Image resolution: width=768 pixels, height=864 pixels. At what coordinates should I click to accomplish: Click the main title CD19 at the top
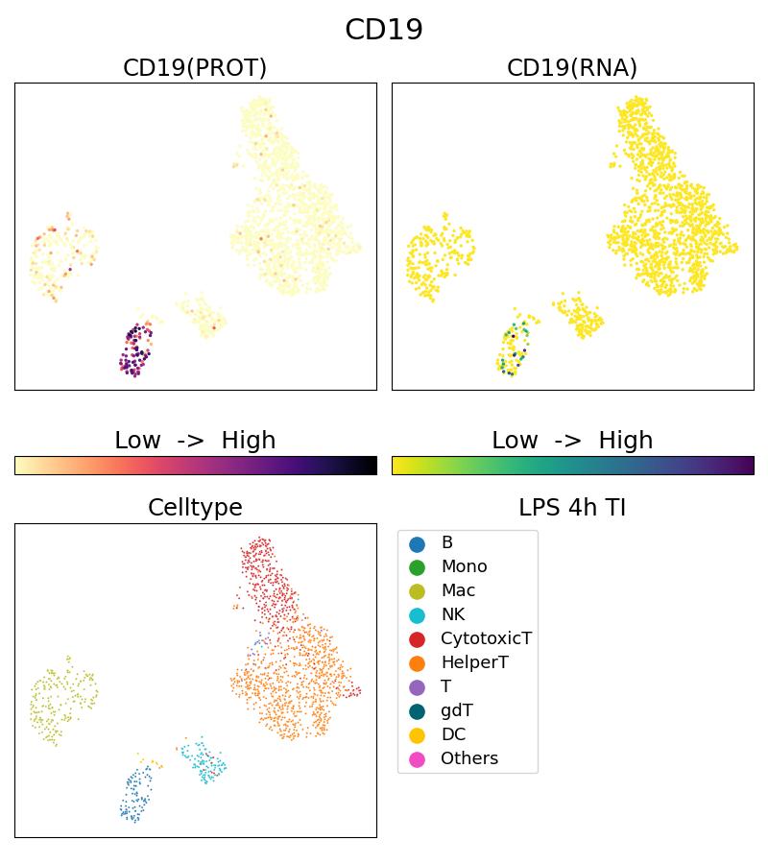[x=384, y=30]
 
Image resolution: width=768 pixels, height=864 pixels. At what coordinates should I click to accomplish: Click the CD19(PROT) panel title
[x=195, y=68]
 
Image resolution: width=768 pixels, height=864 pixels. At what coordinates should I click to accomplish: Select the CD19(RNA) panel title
[x=572, y=68]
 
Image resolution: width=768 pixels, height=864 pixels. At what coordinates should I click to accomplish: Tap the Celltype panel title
[x=195, y=508]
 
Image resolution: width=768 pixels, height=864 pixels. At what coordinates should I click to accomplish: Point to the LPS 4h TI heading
[x=572, y=508]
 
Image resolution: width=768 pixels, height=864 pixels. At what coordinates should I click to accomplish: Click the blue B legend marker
[x=417, y=543]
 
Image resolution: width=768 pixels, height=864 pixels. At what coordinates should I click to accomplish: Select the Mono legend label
[x=464, y=566]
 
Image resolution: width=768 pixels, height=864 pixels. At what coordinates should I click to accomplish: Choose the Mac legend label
[x=458, y=590]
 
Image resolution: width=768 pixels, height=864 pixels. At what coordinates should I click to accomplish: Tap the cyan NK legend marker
[x=417, y=614]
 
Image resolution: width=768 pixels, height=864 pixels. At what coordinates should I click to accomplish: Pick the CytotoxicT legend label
[x=486, y=638]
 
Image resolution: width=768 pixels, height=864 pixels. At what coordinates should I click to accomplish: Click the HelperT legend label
[x=474, y=662]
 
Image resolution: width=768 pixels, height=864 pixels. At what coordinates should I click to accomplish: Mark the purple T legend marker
[x=417, y=686]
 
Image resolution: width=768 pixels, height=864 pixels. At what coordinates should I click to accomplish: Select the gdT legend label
[x=457, y=710]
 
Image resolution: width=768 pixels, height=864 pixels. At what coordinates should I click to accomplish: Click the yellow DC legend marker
[x=417, y=734]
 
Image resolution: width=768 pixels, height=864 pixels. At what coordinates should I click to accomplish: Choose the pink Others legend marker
[x=417, y=758]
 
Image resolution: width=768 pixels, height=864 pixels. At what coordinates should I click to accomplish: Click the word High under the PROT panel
[x=249, y=441]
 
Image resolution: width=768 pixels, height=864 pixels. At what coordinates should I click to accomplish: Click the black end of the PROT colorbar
[x=372, y=466]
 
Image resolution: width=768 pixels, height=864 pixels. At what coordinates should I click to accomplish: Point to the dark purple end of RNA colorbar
[x=749, y=466]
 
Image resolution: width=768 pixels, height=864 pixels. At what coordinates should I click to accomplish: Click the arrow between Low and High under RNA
[x=572, y=441]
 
